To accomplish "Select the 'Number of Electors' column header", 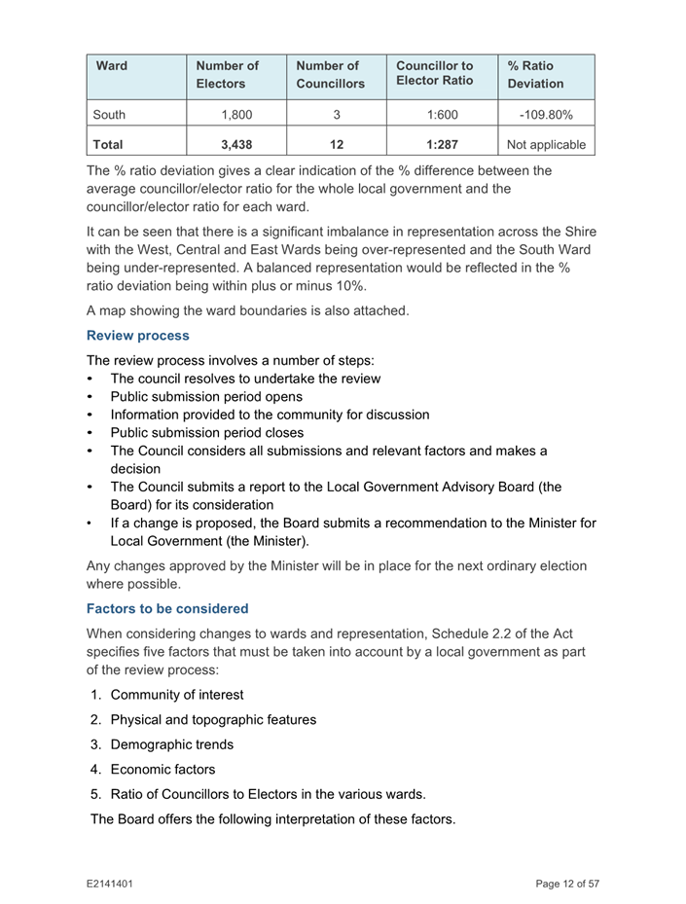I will [230, 76].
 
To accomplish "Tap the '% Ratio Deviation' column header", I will [535, 76].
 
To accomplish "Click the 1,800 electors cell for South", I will [230, 114].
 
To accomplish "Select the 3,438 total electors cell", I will [230, 147].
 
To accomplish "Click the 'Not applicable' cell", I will [545, 147].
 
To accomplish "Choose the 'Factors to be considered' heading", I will [167, 609].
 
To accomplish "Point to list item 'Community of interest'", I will [176, 695].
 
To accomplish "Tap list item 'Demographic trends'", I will [171, 745].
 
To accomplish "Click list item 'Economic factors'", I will [162, 770].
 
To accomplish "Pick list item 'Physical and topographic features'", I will [212, 720].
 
